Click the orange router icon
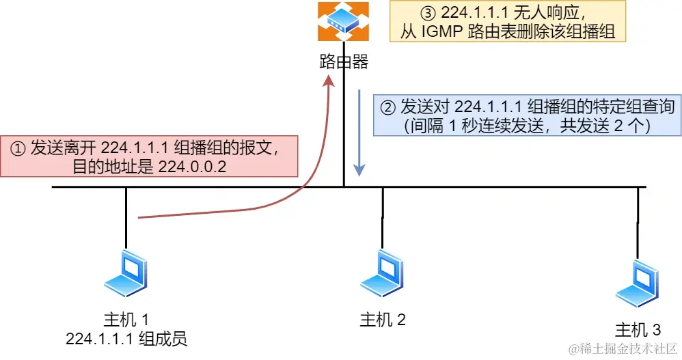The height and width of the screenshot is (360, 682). pyautogui.click(x=343, y=21)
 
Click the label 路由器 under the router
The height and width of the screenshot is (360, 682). pyautogui.click(x=344, y=63)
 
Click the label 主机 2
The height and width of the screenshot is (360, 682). pyautogui.click(x=383, y=319)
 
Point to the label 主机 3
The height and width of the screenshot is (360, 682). pyautogui.click(x=638, y=330)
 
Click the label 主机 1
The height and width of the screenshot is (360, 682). pyautogui.click(x=126, y=319)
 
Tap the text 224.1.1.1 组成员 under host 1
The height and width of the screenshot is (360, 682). pyautogui.click(x=126, y=337)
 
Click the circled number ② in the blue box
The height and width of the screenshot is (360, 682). pyautogui.click(x=387, y=108)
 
